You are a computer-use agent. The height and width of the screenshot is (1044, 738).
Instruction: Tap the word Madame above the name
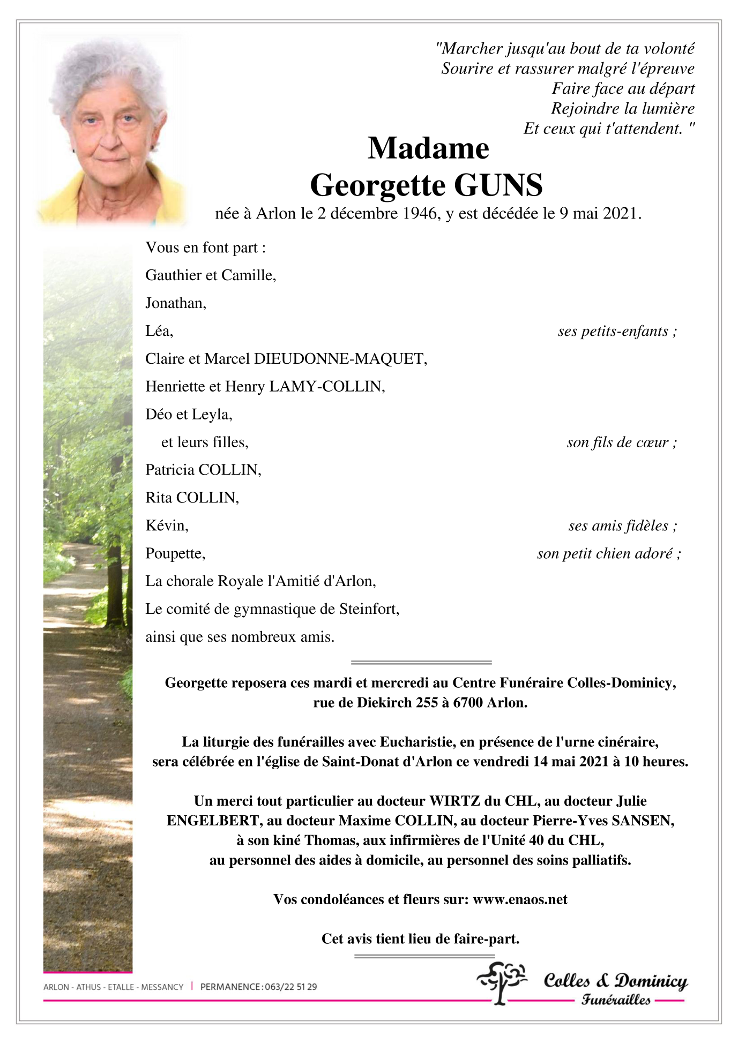[428, 148]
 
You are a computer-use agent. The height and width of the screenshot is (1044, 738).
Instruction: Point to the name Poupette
[175, 553]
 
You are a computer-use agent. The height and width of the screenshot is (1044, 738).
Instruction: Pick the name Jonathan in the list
[175, 303]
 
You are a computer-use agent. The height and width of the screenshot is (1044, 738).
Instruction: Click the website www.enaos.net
[520, 899]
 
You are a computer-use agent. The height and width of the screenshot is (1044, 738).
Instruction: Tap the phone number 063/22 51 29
[290, 987]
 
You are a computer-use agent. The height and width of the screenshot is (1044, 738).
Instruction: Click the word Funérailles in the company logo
[616, 1000]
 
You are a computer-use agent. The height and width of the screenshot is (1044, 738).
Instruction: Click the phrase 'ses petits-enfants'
[614, 331]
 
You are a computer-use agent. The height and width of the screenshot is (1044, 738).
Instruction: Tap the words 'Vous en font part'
[205, 247]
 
